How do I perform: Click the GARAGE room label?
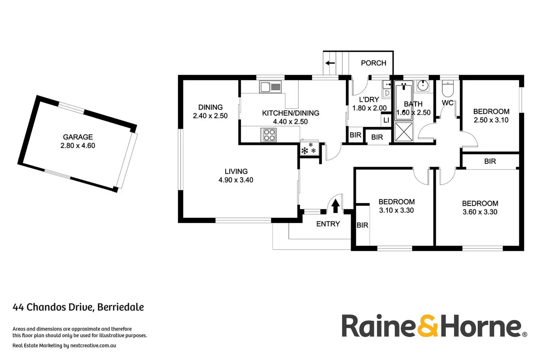pyautogui.click(x=78, y=137)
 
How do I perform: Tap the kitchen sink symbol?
pyautogui.click(x=270, y=87)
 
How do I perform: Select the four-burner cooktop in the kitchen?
pyautogui.click(x=269, y=135)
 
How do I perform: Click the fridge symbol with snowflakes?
pyautogui.click(x=309, y=149)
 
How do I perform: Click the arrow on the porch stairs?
pyautogui.click(x=330, y=63)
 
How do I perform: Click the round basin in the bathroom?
pyautogui.click(x=423, y=86)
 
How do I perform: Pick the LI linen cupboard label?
pyautogui.click(x=386, y=120)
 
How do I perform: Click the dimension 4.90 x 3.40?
pyautogui.click(x=236, y=180)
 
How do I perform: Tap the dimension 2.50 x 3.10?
pyautogui.click(x=491, y=120)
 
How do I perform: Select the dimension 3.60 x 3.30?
pyautogui.click(x=480, y=212)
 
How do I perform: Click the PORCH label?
pyautogui.click(x=373, y=63)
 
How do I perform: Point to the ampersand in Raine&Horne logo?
pyautogui.click(x=428, y=326)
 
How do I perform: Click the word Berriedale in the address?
pyautogui.click(x=121, y=307)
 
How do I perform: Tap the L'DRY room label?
pyautogui.click(x=369, y=99)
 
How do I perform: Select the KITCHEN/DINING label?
pyautogui.click(x=291, y=113)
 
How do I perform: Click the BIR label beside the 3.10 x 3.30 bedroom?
pyautogui.click(x=362, y=225)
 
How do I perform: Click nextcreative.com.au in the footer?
pyautogui.click(x=93, y=345)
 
